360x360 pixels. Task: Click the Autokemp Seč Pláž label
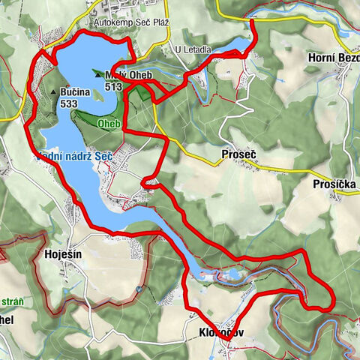tap(132, 22)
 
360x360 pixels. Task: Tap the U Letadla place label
tap(192, 49)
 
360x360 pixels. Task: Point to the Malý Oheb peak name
tap(126, 75)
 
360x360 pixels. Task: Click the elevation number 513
tap(114, 86)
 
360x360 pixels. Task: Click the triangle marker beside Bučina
tap(53, 92)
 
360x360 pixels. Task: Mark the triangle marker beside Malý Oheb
tap(97, 75)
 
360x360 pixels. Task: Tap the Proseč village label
tap(238, 154)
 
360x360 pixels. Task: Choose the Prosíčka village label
tap(334, 184)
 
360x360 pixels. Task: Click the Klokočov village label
tap(223, 332)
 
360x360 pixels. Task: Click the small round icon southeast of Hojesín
tap(139, 288)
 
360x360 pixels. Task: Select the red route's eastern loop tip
tap(330, 306)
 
